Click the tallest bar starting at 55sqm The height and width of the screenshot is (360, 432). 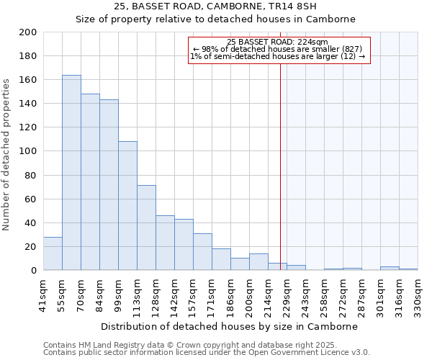coord(71,173)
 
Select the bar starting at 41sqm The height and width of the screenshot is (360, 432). coord(53,253)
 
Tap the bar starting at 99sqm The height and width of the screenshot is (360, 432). coord(127,206)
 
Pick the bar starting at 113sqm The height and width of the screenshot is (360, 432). coord(146,228)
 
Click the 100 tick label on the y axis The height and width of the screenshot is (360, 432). coord(28,151)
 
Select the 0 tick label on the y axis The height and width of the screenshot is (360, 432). coord(33,270)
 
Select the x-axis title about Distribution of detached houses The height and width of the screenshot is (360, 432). coord(230,326)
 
